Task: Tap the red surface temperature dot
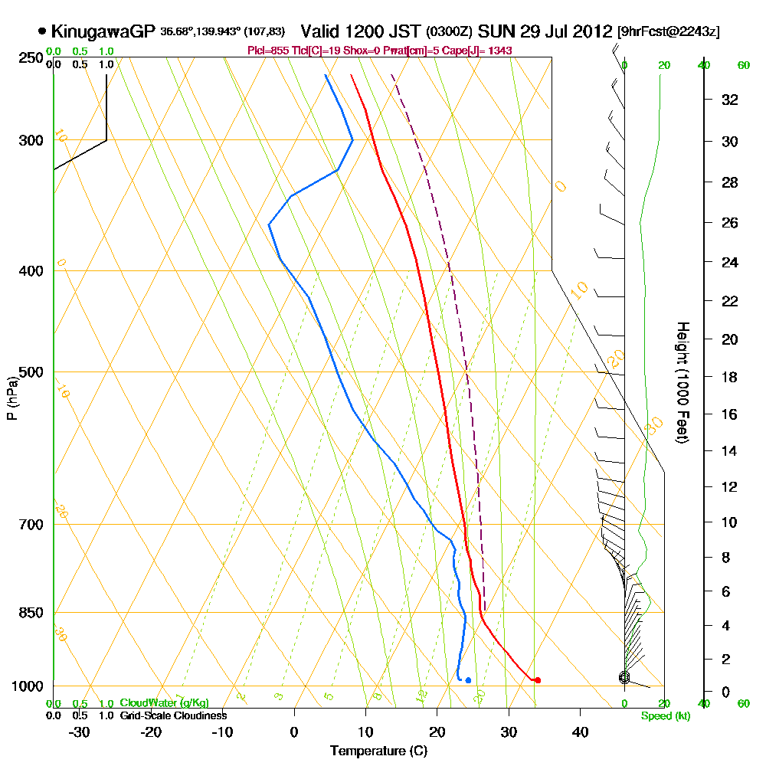pyautogui.click(x=538, y=680)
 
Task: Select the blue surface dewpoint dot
pyautogui.click(x=468, y=680)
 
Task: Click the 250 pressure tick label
pyautogui.click(x=31, y=57)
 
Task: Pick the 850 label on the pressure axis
pyautogui.click(x=31, y=613)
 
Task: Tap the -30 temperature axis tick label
pyautogui.click(x=79, y=732)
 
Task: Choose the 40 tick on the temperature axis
pyautogui.click(x=580, y=732)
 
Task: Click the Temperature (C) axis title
pyautogui.click(x=378, y=751)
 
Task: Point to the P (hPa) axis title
pyautogui.click(x=11, y=397)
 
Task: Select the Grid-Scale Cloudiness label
pyautogui.click(x=172, y=715)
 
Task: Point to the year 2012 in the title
pyautogui.click(x=594, y=31)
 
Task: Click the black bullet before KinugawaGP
pyautogui.click(x=41, y=31)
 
